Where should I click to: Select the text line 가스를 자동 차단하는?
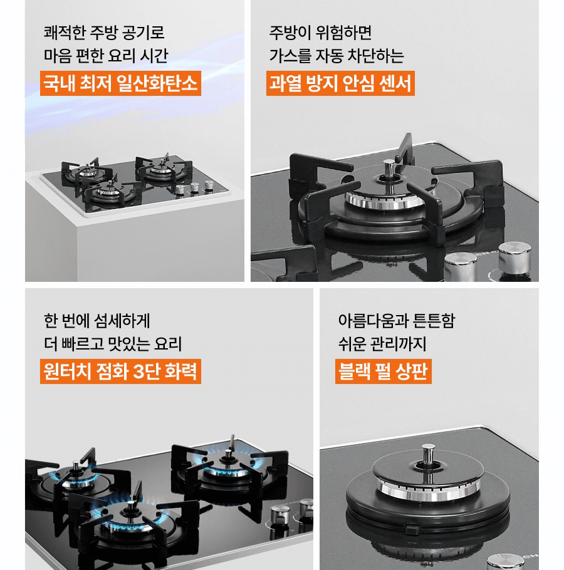pos(337,56)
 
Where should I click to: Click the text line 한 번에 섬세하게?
pos(97,320)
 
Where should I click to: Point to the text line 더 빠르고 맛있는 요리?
pos(113,344)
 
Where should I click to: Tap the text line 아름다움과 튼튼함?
pos(396,320)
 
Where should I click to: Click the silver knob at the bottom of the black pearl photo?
pos(506,561)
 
